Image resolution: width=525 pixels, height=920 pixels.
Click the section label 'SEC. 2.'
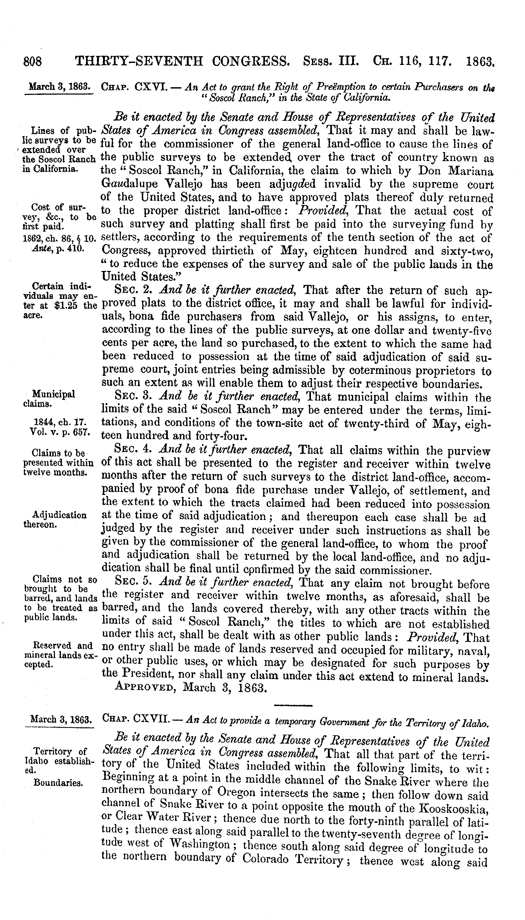(134, 290)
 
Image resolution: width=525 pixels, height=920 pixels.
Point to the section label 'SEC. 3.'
(134, 396)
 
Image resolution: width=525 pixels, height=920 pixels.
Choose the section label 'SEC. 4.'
(134, 449)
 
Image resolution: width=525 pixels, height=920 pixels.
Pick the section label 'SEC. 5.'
(134, 582)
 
